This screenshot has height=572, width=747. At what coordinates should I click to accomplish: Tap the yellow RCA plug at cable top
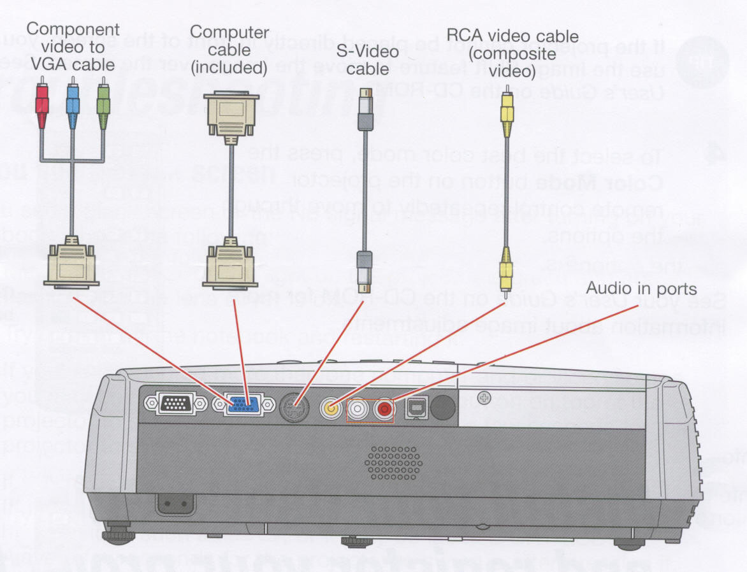tap(507, 112)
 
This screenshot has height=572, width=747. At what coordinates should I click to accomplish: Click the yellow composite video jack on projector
tap(331, 407)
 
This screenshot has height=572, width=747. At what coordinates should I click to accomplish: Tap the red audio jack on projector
tap(384, 408)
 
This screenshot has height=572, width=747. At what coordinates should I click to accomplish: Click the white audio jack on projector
tap(358, 408)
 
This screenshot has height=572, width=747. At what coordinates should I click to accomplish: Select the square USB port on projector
tap(414, 406)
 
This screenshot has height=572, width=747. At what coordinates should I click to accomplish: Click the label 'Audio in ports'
tap(641, 289)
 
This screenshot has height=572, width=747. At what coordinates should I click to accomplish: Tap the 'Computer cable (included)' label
tap(230, 48)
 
